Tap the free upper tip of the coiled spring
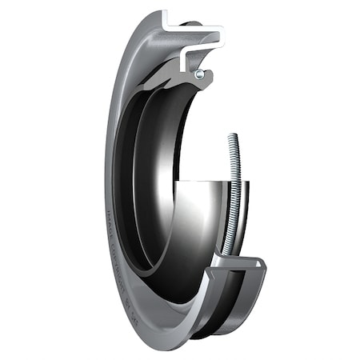click(x=233, y=135)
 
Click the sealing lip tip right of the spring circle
click(x=210, y=78)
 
